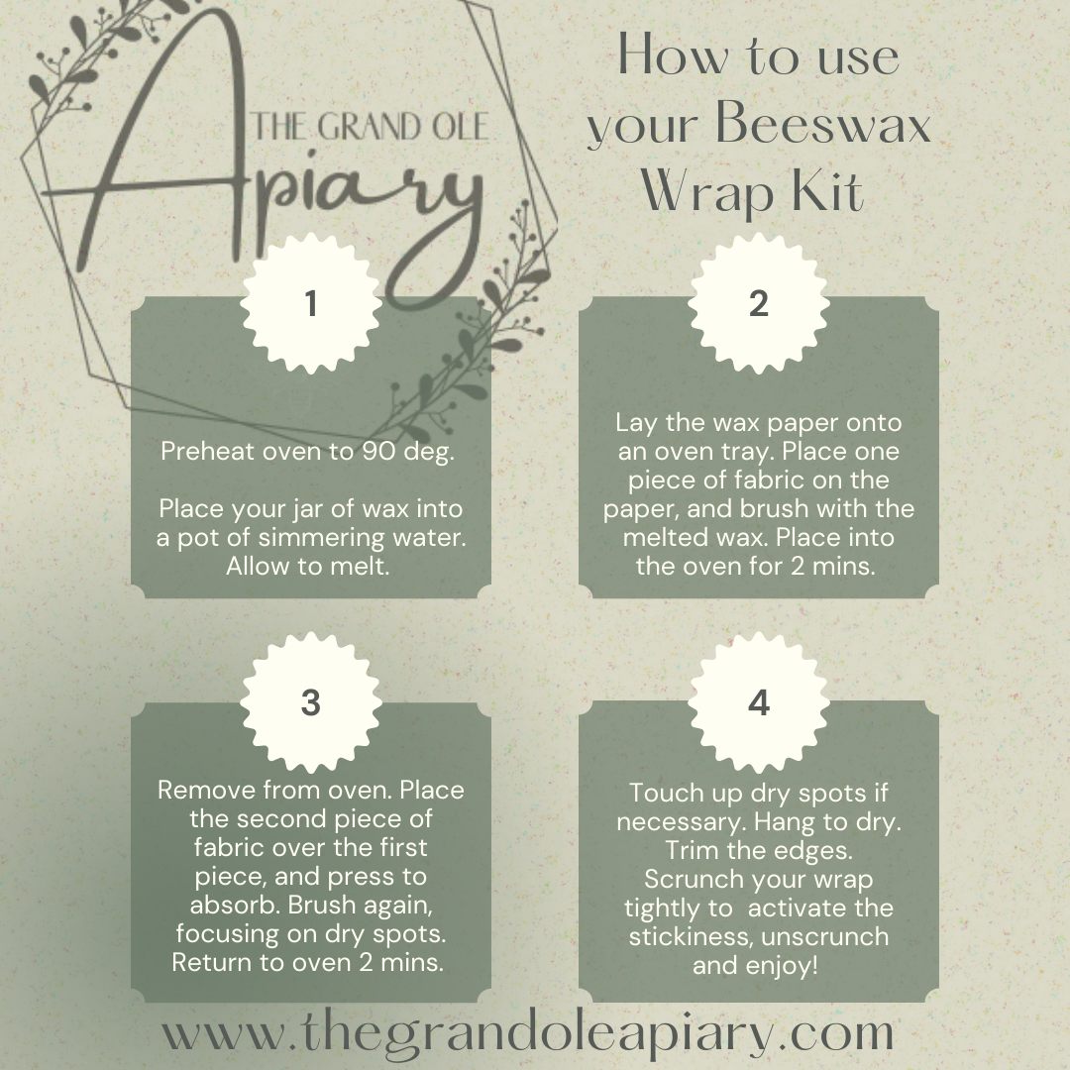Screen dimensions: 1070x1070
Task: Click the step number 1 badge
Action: [311, 304]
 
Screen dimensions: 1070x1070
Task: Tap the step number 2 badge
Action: [759, 304]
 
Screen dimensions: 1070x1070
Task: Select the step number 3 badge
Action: [311, 702]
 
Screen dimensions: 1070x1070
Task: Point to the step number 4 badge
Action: [759, 702]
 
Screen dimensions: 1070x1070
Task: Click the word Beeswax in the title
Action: [823, 124]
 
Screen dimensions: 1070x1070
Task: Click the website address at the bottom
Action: [527, 1033]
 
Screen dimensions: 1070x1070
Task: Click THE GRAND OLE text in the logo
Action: [370, 128]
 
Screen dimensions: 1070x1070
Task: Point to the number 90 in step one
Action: [378, 451]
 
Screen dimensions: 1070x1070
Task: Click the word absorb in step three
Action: [236, 905]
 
